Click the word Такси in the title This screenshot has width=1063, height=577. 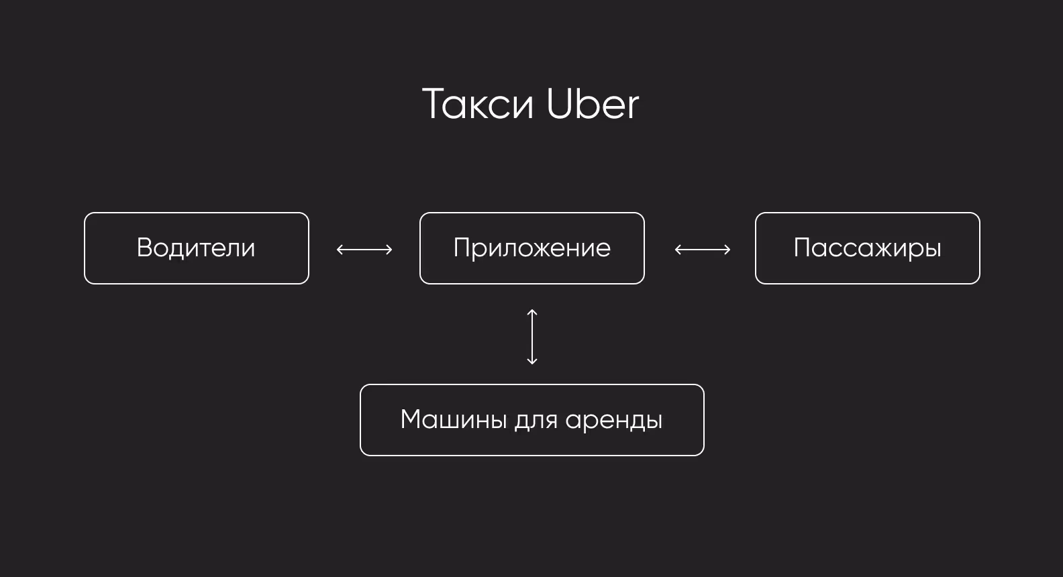coord(478,105)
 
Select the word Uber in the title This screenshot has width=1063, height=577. coord(593,105)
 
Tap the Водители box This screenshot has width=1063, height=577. coord(196,248)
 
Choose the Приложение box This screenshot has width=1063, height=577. coord(531,248)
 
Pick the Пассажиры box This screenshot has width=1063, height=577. coord(867,248)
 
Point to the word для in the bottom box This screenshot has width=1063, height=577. coord(536,421)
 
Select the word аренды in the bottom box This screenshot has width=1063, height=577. coord(614,421)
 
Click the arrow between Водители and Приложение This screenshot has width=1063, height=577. coord(364,250)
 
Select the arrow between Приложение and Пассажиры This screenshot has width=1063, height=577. coord(703,250)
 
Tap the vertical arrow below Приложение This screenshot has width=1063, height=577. coord(532,337)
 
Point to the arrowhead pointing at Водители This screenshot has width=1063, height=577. coord(340,250)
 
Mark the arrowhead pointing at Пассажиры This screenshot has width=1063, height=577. coord(727,250)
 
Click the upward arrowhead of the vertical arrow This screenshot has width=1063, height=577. coord(532,312)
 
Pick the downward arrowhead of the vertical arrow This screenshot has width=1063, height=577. coord(532,362)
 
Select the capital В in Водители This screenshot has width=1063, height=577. coord(144,248)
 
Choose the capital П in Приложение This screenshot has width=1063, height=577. coord(462,248)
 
